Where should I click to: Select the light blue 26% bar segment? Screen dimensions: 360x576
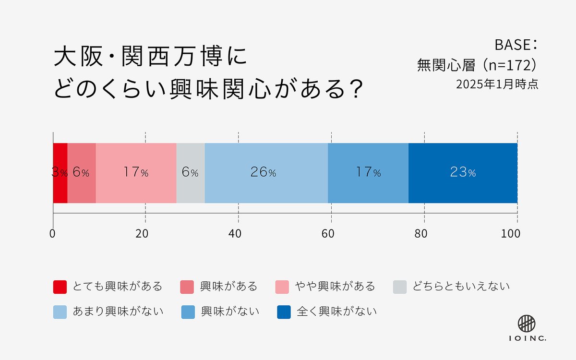point(266,173)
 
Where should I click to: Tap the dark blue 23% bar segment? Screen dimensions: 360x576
point(463,173)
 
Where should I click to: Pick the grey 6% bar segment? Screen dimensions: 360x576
point(190,173)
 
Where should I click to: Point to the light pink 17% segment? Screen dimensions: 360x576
point(136,173)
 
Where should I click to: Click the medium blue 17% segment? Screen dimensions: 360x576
point(368,173)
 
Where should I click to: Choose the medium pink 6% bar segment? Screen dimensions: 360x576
point(82,173)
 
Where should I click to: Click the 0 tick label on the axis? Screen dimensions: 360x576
point(52,234)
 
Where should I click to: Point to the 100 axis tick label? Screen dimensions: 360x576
point(511,234)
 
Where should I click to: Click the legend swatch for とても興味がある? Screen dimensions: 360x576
point(60,287)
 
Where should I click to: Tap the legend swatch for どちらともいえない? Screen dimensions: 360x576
point(399,287)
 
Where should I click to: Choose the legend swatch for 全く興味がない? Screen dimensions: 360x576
point(284,312)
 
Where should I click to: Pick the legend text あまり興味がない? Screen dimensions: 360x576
point(118,312)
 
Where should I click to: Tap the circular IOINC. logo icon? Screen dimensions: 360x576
point(527,323)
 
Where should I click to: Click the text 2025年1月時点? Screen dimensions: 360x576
point(497,84)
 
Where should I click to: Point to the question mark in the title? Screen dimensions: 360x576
point(355,89)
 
